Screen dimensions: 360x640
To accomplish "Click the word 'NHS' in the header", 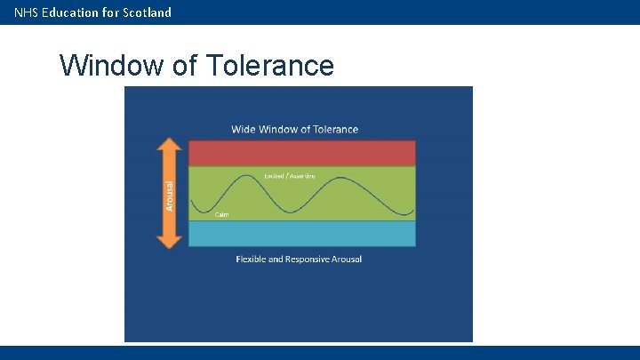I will point(26,12).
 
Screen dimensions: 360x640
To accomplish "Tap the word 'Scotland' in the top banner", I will point(144,12).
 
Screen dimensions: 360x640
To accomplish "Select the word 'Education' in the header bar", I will point(69,12).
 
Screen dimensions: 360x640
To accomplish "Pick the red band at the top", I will point(301,153).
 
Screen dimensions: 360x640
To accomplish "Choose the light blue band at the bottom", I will point(301,233).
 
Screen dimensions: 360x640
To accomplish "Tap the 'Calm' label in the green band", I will point(222,214).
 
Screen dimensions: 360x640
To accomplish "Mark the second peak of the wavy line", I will point(339,180).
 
